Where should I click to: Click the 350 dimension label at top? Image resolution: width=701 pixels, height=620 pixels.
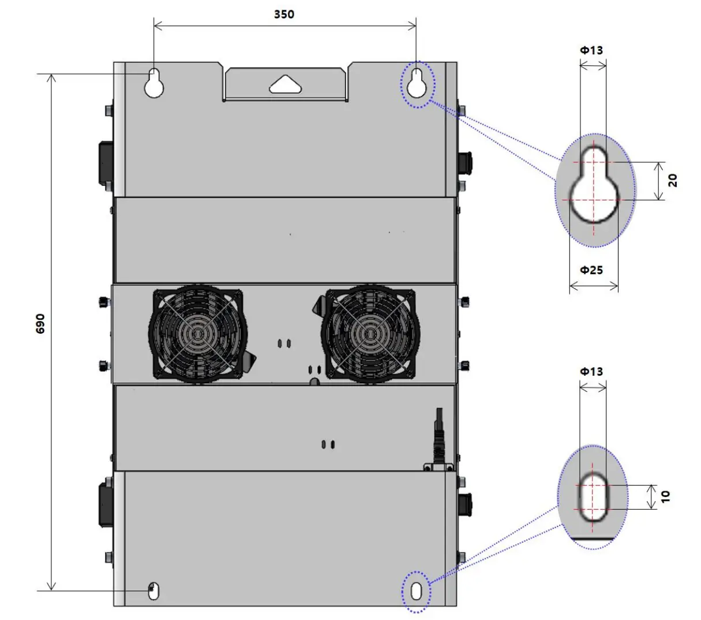pyautogui.click(x=284, y=14)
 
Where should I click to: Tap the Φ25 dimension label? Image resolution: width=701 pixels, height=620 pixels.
pyautogui.click(x=591, y=270)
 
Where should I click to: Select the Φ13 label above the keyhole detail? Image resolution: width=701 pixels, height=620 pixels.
pyautogui.click(x=591, y=50)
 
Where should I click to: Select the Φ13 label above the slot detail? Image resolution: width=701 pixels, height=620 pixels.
pyautogui.click(x=591, y=372)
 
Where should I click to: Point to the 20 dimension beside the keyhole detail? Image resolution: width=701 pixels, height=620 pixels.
pyautogui.click(x=673, y=181)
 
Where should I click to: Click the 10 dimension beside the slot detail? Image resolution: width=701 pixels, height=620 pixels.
pyautogui.click(x=666, y=496)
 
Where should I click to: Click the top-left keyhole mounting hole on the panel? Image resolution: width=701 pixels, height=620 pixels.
pyautogui.click(x=154, y=83)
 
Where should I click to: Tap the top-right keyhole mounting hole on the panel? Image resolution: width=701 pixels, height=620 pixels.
pyautogui.click(x=416, y=83)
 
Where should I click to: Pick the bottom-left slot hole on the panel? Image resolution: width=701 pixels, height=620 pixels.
pyautogui.click(x=153, y=591)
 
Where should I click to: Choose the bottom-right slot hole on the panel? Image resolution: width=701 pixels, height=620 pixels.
pyautogui.click(x=417, y=591)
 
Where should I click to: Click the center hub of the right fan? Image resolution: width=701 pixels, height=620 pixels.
pyautogui.click(x=370, y=334)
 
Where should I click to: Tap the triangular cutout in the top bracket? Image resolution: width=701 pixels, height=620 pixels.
pyautogui.click(x=285, y=84)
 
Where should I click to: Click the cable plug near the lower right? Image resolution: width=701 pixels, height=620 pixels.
pyautogui.click(x=440, y=439)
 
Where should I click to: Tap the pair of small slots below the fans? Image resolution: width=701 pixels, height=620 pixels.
pyautogui.click(x=327, y=445)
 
